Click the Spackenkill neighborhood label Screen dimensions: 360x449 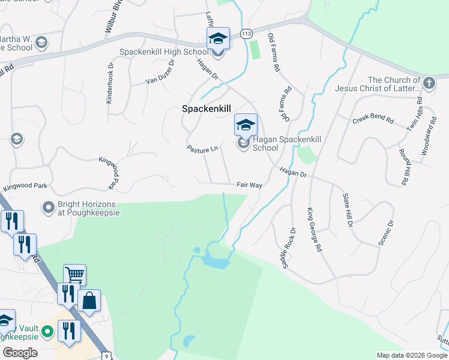(207, 109)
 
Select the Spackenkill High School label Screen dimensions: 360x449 (164, 52)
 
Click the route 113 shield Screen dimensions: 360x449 (246, 34)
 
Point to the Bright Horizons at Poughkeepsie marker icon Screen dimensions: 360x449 (49, 208)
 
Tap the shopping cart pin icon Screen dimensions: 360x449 (74, 275)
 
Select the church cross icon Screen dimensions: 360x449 (429, 83)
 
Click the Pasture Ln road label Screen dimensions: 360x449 (202, 148)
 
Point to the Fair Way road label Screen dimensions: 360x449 (249, 185)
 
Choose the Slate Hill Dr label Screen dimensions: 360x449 (348, 209)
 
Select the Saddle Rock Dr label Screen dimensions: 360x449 (290, 247)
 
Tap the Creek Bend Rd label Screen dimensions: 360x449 (373, 119)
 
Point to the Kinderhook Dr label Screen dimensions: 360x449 (110, 84)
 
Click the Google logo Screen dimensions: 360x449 (20, 353)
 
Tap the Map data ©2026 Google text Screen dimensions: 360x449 (411, 355)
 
